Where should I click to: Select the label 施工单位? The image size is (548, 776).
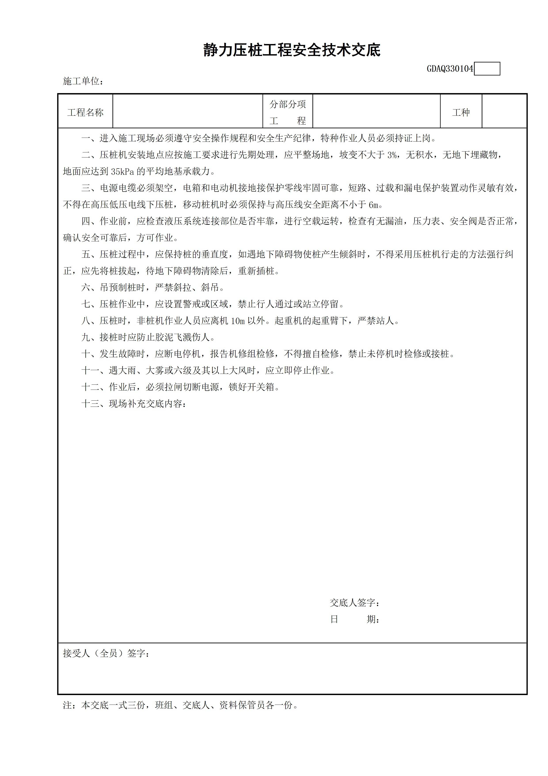[83, 81]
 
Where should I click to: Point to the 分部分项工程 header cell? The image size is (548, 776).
[288, 112]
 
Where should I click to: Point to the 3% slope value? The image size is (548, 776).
[392, 155]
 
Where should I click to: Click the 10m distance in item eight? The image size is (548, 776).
[238, 321]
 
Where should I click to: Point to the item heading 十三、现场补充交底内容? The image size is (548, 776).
[133, 404]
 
